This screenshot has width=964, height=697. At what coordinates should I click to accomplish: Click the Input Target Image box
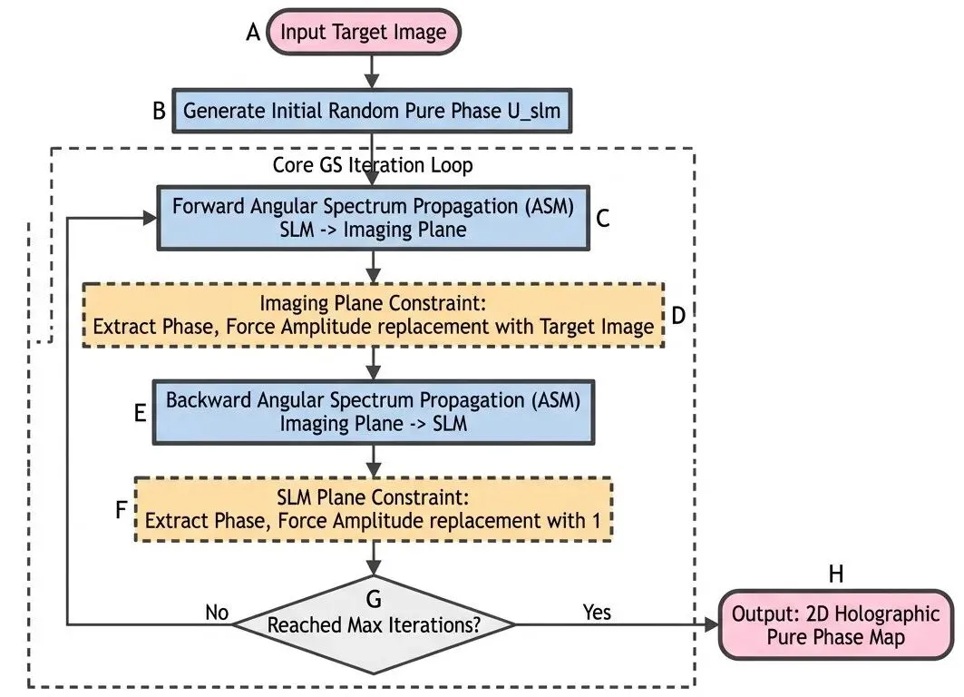pyautogui.click(x=363, y=33)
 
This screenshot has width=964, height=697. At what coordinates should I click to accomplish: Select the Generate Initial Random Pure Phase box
pyautogui.click(x=372, y=112)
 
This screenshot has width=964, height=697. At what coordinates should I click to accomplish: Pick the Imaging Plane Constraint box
pyautogui.click(x=373, y=314)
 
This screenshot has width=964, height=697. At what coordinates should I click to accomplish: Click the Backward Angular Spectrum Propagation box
pyautogui.click(x=373, y=410)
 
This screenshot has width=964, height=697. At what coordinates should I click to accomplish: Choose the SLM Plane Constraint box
pyautogui.click(x=373, y=509)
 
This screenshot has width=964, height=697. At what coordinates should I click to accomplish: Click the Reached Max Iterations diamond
pyautogui.click(x=373, y=624)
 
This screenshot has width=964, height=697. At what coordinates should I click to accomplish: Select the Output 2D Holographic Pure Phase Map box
pyautogui.click(x=835, y=625)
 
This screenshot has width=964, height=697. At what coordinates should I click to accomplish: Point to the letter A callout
pyautogui.click(x=253, y=33)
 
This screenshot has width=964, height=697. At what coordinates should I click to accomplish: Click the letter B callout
pyautogui.click(x=159, y=113)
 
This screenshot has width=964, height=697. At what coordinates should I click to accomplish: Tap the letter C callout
pyautogui.click(x=603, y=218)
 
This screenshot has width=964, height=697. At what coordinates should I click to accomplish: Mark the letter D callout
pyautogui.click(x=677, y=315)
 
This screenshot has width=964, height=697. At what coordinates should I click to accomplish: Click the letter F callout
pyautogui.click(x=122, y=509)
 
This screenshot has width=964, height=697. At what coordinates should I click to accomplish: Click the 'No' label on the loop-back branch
pyautogui.click(x=217, y=613)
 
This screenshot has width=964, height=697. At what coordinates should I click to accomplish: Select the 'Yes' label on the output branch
pyautogui.click(x=597, y=612)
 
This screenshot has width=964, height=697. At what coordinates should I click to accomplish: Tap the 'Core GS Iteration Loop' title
pyautogui.click(x=373, y=166)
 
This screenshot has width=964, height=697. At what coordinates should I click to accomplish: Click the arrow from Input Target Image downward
pyautogui.click(x=372, y=69)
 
